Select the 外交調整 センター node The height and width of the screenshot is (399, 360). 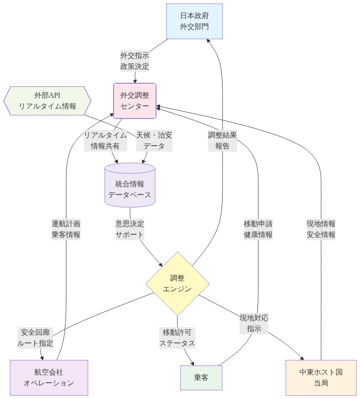[135, 100]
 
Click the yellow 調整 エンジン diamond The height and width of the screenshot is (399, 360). [177, 283]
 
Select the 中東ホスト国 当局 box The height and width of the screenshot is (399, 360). [321, 378]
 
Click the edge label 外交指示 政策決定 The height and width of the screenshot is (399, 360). [134, 61]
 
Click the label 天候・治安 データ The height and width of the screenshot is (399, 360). [154, 140]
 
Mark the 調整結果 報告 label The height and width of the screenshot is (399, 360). [222, 140]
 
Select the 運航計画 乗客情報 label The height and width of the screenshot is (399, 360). [66, 229]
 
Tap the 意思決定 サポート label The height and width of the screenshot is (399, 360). [130, 229]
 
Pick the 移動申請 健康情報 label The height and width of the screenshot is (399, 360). [258, 229]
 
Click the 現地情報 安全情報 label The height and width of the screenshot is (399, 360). [321, 229]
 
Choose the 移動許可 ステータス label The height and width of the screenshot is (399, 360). [177, 337]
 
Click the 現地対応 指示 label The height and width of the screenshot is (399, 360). [254, 323]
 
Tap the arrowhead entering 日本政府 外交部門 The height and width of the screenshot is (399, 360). [209, 41]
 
